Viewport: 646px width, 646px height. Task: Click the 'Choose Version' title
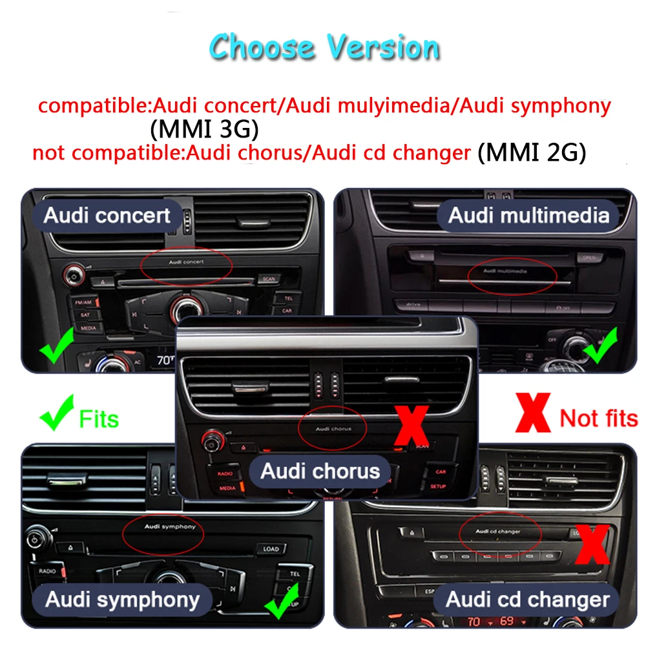tap(324, 48)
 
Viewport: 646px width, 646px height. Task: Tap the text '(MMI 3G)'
tap(204, 130)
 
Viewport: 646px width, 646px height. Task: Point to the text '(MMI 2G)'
tap(532, 153)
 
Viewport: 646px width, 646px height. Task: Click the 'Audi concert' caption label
tap(107, 215)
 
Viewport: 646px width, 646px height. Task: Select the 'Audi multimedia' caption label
tap(528, 215)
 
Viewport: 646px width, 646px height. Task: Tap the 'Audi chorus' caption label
tap(320, 470)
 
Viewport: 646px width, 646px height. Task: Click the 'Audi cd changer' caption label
tap(527, 599)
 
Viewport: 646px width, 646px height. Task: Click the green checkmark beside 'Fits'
tap(57, 415)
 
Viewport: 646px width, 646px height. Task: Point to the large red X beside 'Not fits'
tap(533, 413)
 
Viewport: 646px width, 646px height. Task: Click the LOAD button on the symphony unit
tap(271, 549)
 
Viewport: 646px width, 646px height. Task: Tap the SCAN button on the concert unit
tap(267, 279)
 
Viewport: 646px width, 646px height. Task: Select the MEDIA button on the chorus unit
tap(227, 488)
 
